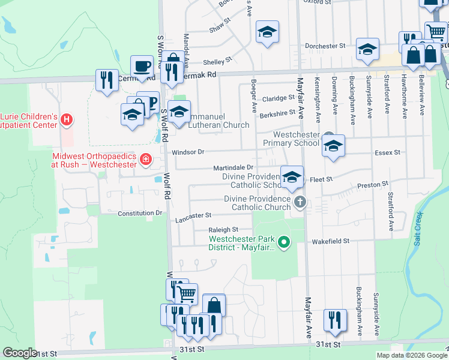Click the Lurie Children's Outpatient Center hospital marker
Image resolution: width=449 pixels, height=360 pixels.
[x=67, y=120]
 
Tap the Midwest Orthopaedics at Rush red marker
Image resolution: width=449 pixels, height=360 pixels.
[x=145, y=160]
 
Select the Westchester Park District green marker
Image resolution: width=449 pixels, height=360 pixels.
[x=284, y=243]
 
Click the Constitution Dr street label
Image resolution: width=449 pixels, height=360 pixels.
[x=140, y=213]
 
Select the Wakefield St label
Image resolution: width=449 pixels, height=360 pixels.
[x=330, y=241]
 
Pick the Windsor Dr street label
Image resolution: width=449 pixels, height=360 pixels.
[x=188, y=152]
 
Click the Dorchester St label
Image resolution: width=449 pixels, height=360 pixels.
[x=325, y=46]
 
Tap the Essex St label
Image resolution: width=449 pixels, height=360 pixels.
[x=387, y=153]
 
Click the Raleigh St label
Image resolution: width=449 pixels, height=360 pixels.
[x=223, y=230]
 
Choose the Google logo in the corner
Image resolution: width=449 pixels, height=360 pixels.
[x=20, y=353]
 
